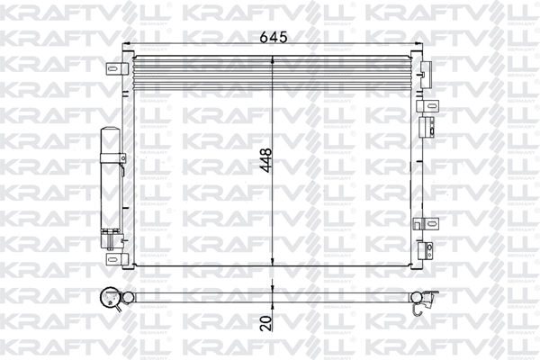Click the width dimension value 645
273,39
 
